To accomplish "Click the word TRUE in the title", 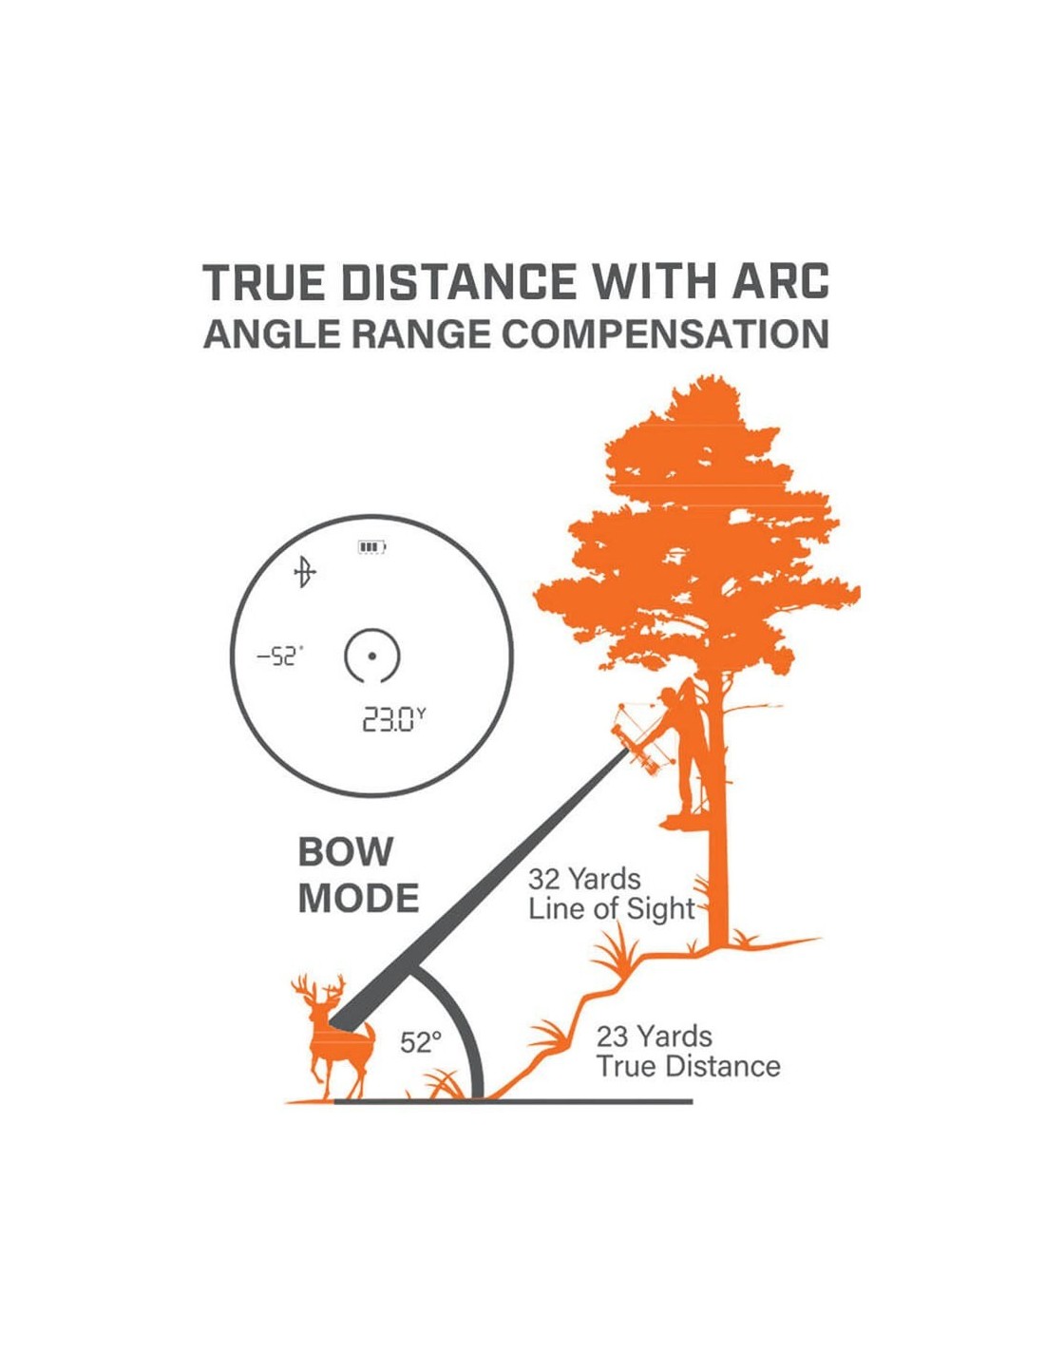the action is [267, 282].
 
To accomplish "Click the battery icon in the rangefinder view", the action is [371, 547].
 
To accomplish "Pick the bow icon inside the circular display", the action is [305, 572].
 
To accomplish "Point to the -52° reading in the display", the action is [280, 656].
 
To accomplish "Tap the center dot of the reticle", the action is [371, 656].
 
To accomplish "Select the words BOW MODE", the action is [359, 875].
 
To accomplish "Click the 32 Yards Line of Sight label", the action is [611, 895].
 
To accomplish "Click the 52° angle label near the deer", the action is [420, 1042].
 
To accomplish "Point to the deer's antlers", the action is [318, 990].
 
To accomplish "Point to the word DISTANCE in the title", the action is [460, 282].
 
